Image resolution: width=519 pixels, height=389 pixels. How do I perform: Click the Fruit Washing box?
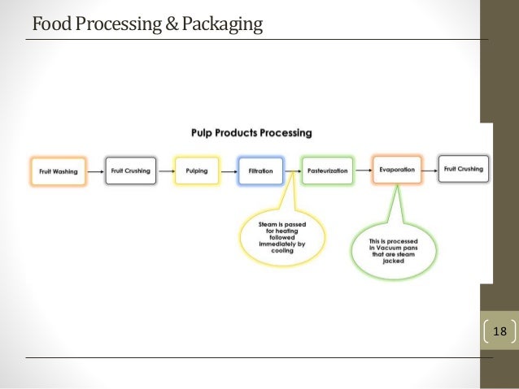(x=58, y=171)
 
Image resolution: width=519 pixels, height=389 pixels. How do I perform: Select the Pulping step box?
(x=196, y=171)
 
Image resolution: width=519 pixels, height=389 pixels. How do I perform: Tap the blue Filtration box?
(x=259, y=171)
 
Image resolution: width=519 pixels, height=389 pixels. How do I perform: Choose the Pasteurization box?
(x=327, y=171)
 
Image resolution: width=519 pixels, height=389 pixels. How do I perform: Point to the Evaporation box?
(x=396, y=170)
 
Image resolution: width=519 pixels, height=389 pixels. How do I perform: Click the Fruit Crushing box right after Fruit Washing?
(x=130, y=171)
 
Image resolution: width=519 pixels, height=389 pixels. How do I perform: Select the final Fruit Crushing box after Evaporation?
(x=464, y=169)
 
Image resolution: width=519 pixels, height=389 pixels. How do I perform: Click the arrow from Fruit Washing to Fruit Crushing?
(x=94, y=171)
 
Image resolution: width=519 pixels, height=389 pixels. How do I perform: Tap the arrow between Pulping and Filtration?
(x=228, y=171)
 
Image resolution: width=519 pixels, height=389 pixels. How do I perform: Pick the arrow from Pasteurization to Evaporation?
(x=362, y=171)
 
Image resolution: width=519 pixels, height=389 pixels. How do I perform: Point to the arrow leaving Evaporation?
(x=430, y=171)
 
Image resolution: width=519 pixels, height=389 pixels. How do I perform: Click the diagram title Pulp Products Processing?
(x=251, y=132)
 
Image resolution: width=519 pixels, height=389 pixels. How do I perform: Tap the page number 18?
(x=499, y=331)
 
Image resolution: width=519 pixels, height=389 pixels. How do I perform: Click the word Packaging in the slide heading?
(x=222, y=24)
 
